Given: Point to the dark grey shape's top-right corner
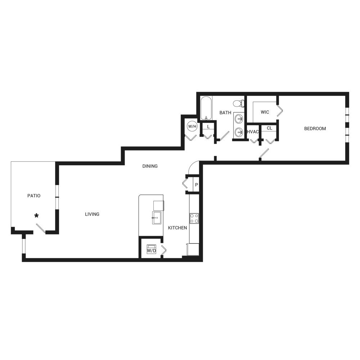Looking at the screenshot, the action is [349, 92].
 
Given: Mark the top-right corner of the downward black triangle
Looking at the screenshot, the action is [117, 190].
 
